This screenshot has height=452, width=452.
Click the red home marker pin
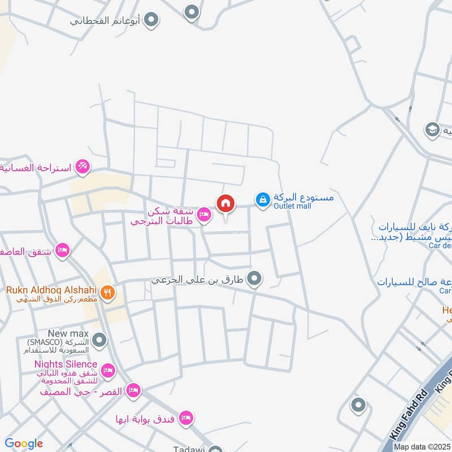pos(225,203)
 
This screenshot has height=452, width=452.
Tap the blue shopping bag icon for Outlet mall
pos(262,199)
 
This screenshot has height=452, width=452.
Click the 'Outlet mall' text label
pos(293,206)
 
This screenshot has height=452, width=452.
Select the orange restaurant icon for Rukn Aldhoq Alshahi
pos(108,293)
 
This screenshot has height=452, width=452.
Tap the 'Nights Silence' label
pos(66,364)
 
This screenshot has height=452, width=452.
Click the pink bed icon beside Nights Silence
pos(108,371)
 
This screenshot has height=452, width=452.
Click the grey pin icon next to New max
pos(99,340)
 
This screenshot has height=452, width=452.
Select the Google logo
pos(24,444)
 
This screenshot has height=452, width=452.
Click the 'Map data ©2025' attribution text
pos(422,447)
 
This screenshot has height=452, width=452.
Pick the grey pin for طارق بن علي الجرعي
pos(255,278)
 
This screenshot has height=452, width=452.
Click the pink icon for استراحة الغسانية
pos(82,166)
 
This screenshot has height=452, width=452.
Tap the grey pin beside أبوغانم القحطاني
pos(151,21)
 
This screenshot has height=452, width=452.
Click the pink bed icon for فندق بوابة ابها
pos(185,418)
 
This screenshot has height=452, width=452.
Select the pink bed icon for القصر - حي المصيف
pos(133,390)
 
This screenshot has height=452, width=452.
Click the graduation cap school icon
pos(432,129)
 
